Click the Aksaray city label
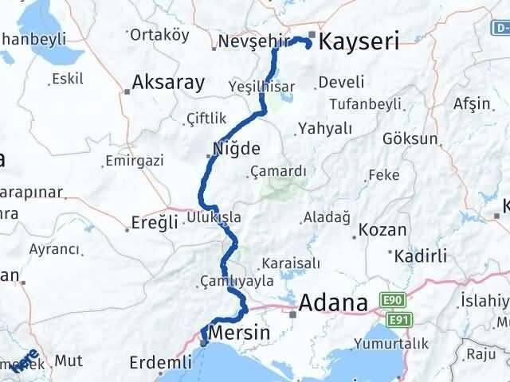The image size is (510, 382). (168, 82)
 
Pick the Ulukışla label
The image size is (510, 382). (214, 216)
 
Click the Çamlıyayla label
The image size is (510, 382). (237, 281)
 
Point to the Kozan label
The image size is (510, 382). (383, 230)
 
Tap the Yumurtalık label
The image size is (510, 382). (394, 344)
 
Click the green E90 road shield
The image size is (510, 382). (393, 301)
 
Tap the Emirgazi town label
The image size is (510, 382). (137, 161)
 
